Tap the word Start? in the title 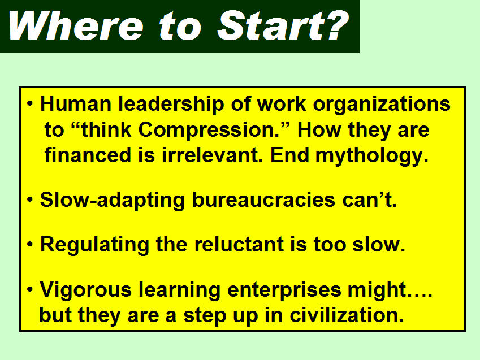283,25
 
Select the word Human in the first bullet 76,104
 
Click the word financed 88,155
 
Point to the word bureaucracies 263,199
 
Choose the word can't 369,199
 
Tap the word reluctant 239,244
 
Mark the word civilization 346,315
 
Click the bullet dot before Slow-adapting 30,200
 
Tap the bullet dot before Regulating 30,245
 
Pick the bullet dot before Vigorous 30,289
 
